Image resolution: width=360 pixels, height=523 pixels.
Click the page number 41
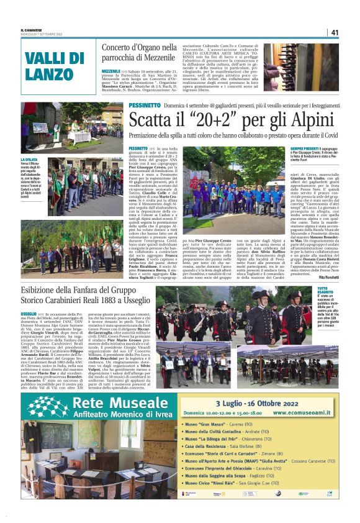pyautogui.click(x=334, y=32)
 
